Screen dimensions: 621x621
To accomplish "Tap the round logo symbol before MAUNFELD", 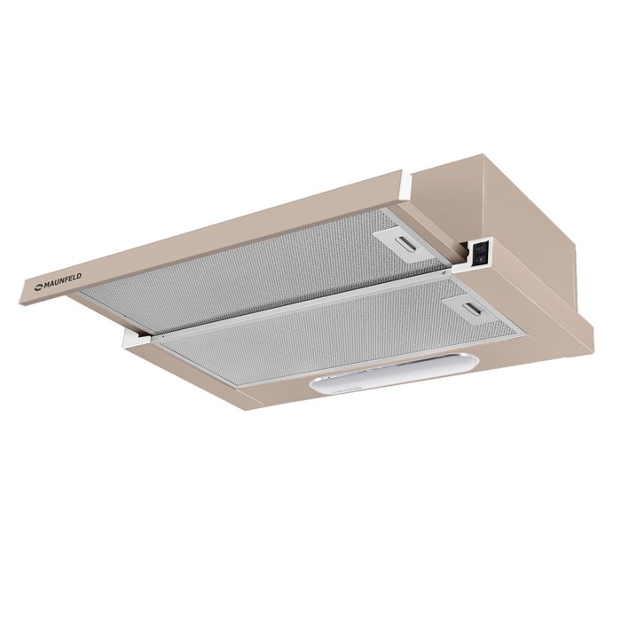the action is tap(38, 288).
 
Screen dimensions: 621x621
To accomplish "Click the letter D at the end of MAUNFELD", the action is tap(79, 276).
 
